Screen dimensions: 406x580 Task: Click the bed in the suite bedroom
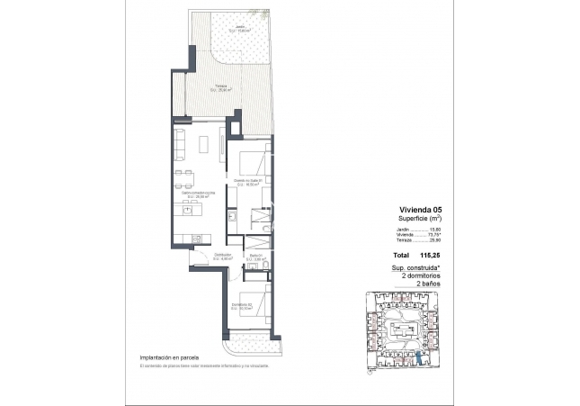point(252,166)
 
